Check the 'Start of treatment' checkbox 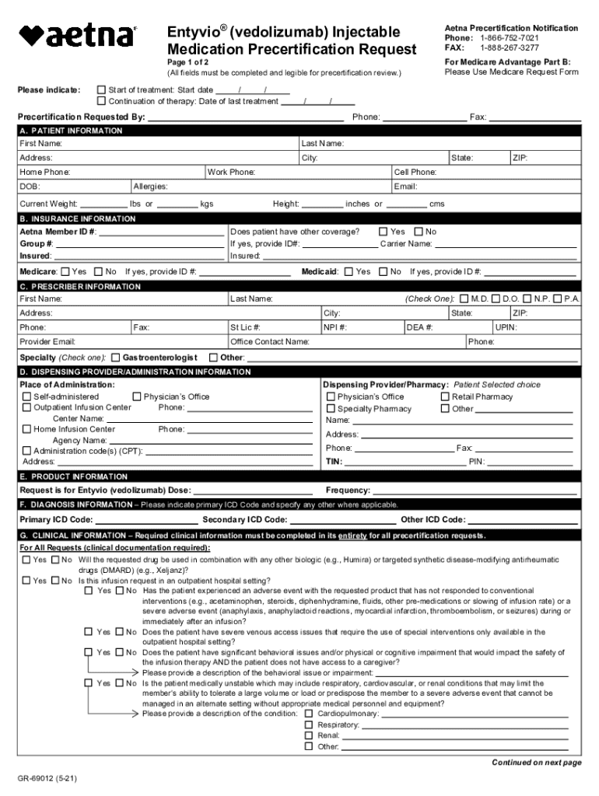coord(101,90)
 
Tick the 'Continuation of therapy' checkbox coord(101,101)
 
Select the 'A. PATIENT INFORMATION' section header coord(71,131)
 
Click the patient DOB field coord(74,187)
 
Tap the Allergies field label coord(149,187)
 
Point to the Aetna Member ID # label coord(58,232)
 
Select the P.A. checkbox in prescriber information coord(558,298)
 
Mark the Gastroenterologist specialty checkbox coord(115,358)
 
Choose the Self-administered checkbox coord(27,396)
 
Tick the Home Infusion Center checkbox coord(27,429)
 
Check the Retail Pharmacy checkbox coord(445,396)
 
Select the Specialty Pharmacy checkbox coord(331,409)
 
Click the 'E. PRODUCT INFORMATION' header coord(74,476)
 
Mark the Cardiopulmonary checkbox coord(309,713)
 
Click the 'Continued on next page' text coord(536,763)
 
